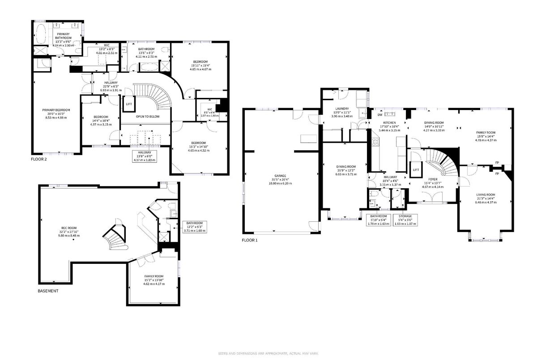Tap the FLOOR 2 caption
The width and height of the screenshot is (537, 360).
(x=38, y=159)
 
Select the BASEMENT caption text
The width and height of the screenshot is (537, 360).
(x=48, y=291)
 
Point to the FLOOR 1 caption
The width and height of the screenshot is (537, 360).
(x=250, y=240)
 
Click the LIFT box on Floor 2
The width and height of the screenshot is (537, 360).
(x=129, y=104)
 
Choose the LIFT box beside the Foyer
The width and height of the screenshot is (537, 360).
(x=416, y=169)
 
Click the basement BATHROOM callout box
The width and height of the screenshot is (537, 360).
(x=194, y=225)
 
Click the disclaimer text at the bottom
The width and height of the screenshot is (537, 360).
(x=268, y=354)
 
